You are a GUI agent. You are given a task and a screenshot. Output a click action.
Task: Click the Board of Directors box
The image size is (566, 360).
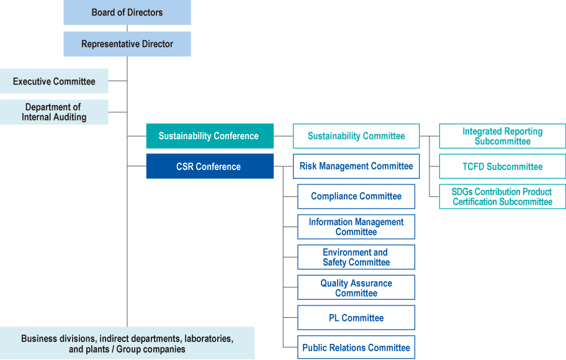(127, 12)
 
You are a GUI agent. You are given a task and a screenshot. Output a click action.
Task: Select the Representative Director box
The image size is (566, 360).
(127, 44)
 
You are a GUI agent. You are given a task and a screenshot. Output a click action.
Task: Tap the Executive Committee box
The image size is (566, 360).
(54, 81)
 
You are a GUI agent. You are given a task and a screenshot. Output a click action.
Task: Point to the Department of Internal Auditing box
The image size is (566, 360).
(54, 112)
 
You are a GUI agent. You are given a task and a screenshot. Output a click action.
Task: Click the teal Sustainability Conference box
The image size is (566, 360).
(209, 136)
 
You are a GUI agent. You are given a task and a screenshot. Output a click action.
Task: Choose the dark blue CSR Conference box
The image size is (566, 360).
(209, 166)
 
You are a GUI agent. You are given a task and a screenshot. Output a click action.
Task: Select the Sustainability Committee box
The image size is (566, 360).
(356, 136)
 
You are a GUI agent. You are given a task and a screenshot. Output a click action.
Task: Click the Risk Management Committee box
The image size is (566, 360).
(356, 166)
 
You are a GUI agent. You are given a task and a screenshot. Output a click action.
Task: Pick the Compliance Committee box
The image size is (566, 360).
(356, 196)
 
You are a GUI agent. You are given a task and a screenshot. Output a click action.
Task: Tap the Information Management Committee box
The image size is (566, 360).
(356, 227)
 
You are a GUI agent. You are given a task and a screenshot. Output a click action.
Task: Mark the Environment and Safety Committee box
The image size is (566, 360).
(356, 257)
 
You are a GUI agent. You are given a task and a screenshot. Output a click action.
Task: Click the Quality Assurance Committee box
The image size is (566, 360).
(356, 288)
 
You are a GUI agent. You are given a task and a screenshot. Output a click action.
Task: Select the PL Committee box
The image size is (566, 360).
(356, 318)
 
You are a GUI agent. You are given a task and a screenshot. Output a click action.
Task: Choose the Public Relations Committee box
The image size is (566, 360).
(356, 348)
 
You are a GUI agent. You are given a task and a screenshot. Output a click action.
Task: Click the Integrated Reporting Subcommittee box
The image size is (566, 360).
(502, 136)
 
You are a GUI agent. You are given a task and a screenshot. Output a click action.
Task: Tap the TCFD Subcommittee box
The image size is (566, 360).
(502, 166)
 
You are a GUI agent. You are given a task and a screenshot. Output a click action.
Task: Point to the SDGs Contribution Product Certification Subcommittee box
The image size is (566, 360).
(502, 197)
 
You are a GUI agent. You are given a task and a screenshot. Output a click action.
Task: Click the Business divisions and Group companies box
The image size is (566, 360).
(127, 343)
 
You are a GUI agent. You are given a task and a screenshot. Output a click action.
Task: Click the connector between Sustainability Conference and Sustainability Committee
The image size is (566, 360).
(283, 136)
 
